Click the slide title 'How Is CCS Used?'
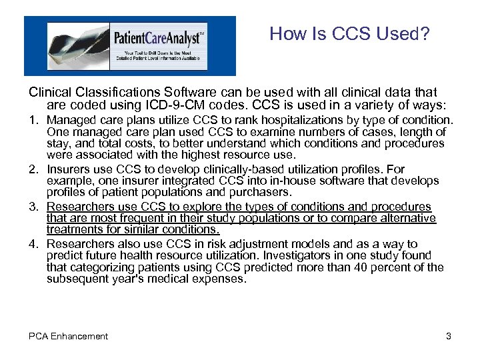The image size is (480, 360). (x=349, y=34)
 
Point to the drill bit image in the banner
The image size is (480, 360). (x=73, y=45)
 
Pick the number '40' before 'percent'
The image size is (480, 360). (x=366, y=267)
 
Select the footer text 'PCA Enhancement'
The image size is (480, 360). (x=68, y=337)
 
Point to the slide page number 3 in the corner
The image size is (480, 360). (x=449, y=337)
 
